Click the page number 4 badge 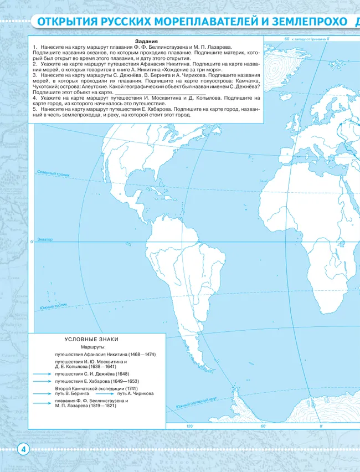(23, 449)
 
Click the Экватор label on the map (45, 239)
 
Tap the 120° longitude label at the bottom (190, 425)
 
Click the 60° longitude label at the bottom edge (263, 425)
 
